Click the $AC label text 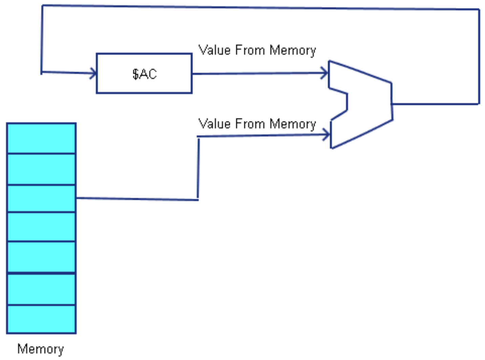pyautogui.click(x=145, y=74)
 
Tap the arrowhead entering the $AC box pyautogui.click(x=93, y=73)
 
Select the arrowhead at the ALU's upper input pyautogui.click(x=324, y=73)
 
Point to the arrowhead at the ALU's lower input pyautogui.click(x=326, y=135)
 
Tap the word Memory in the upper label pyautogui.click(x=293, y=51)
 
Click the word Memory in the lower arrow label pyautogui.click(x=293, y=124)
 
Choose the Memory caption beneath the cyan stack pyautogui.click(x=41, y=349)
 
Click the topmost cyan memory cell pyautogui.click(x=41, y=138)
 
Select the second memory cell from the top pyautogui.click(x=41, y=169)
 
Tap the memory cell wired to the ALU pyautogui.click(x=41, y=199)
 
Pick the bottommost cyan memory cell pyautogui.click(x=41, y=319)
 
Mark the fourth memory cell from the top pyautogui.click(x=41, y=227)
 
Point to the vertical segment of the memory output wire pyautogui.click(x=198, y=168)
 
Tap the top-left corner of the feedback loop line pyautogui.click(x=42, y=6)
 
